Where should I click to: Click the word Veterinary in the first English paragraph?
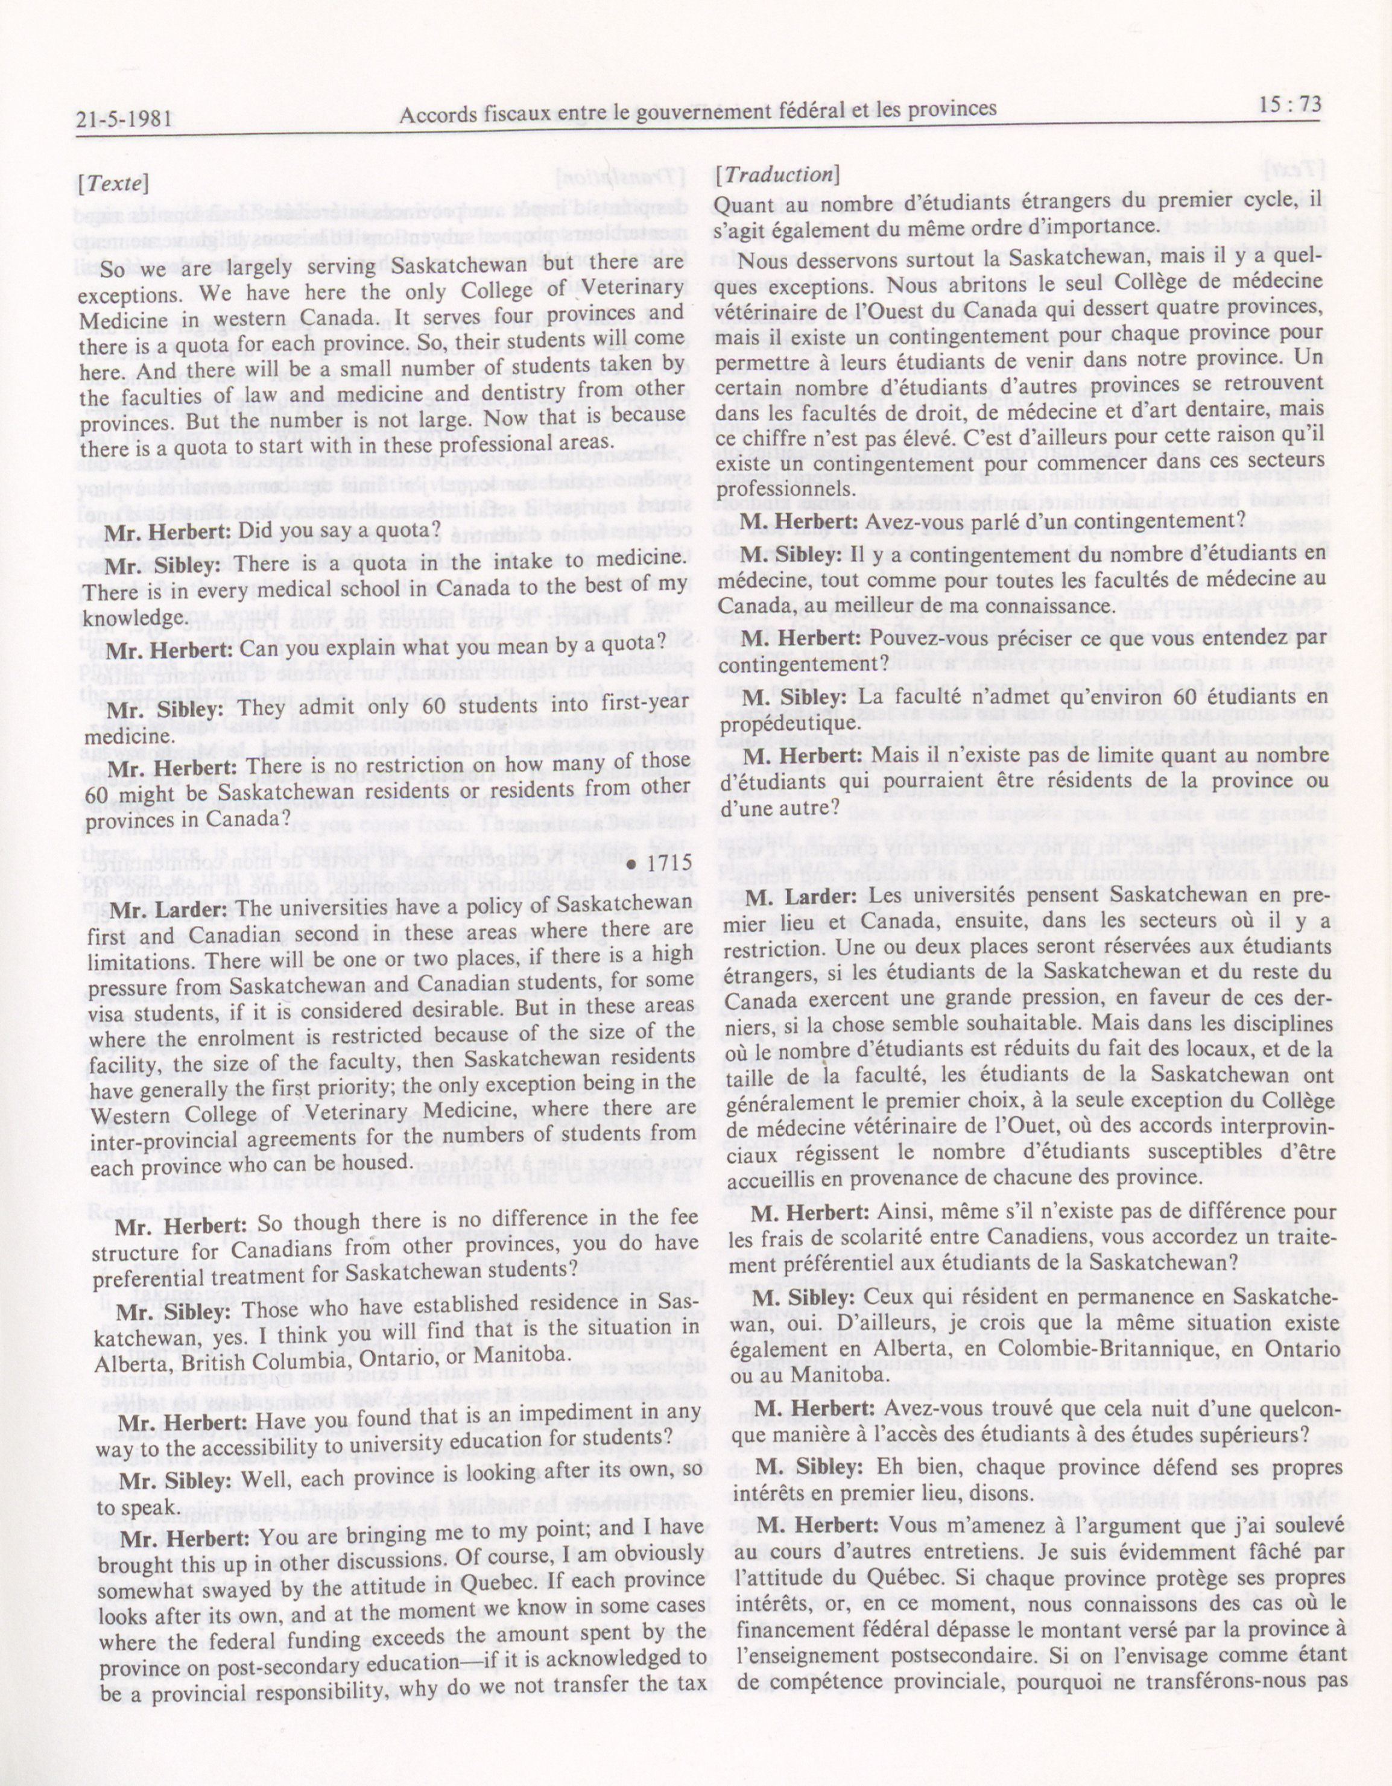click(x=629, y=289)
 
